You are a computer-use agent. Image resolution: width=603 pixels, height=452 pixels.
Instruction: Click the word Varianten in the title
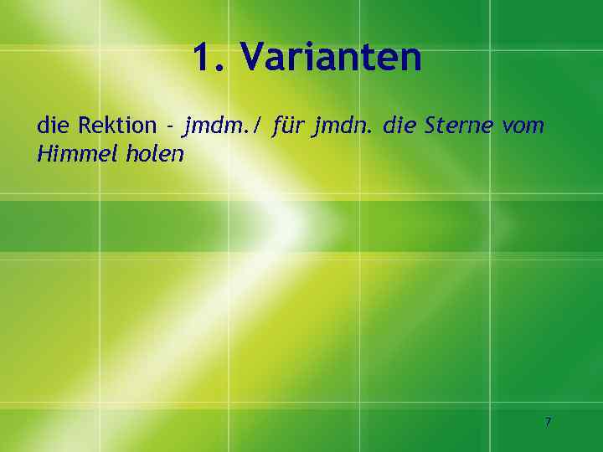tap(331, 58)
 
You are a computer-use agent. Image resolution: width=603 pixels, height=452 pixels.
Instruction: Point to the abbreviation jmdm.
tap(214, 127)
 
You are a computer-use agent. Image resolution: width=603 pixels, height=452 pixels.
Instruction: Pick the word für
tap(289, 126)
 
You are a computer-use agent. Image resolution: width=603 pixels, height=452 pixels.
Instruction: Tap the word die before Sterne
tap(399, 126)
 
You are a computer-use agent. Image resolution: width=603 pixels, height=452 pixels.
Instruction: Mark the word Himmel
tap(71, 155)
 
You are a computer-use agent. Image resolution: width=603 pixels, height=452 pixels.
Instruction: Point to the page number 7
tap(548, 422)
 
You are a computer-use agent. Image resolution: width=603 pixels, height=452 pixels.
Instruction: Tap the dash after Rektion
tap(170, 127)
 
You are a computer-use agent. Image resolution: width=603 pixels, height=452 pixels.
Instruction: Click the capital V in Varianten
tap(253, 58)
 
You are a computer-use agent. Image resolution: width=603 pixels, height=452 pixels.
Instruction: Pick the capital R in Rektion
tap(85, 126)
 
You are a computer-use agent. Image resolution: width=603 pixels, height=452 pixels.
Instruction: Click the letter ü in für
tap(289, 127)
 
